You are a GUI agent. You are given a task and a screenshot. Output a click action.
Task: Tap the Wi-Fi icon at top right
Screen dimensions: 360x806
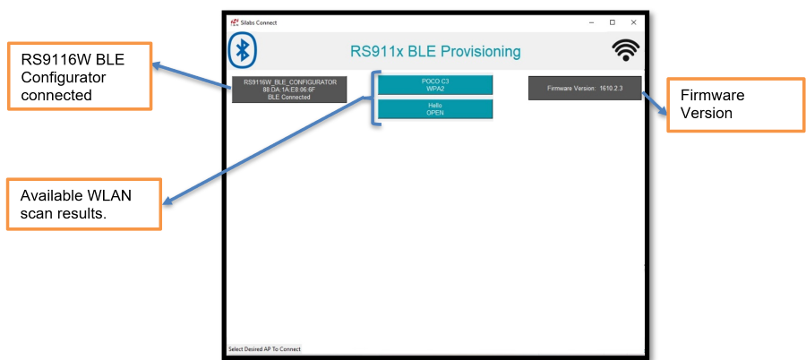(x=625, y=51)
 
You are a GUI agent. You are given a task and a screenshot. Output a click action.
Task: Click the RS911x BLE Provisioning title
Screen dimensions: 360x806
(x=434, y=51)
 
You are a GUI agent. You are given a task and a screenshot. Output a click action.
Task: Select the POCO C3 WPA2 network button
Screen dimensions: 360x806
(x=434, y=84)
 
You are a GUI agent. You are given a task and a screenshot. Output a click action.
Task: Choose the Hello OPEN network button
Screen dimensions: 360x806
(x=434, y=108)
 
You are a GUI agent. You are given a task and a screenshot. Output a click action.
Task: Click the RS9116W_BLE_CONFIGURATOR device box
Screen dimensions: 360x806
(x=289, y=90)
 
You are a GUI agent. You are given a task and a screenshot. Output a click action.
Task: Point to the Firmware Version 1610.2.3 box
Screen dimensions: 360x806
(x=585, y=88)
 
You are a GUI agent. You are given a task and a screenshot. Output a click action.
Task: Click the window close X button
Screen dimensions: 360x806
(x=633, y=21)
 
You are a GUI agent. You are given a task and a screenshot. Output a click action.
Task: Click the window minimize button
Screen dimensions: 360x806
(x=591, y=21)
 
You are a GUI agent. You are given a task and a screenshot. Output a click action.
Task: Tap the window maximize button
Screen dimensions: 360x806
(x=613, y=21)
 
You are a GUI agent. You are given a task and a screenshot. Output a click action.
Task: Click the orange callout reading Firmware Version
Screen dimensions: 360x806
(x=735, y=105)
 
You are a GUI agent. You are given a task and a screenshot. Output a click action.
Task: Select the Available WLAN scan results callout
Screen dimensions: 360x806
(x=84, y=205)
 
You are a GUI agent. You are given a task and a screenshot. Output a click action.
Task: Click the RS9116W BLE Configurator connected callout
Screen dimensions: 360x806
(x=79, y=76)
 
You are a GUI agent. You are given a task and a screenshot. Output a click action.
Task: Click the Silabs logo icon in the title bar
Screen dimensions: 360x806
(x=235, y=21)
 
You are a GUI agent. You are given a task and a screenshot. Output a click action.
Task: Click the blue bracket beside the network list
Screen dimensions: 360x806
(x=373, y=97)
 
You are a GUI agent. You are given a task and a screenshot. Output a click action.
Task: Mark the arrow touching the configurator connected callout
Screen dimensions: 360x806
(x=192, y=74)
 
